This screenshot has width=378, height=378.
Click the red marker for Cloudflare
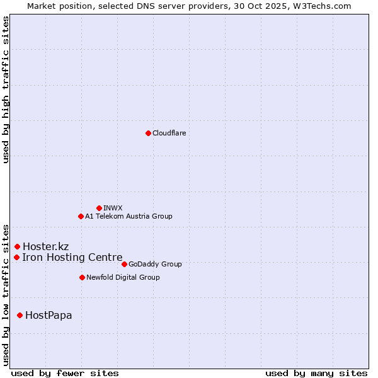coord(148,133)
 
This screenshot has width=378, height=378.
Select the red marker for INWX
coord(99,208)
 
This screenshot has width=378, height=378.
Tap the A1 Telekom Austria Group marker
coord(81,216)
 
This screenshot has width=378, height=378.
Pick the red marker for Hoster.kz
coord(17,246)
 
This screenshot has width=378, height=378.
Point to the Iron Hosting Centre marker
coord(16,257)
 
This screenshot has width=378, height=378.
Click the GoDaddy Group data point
coord(124,264)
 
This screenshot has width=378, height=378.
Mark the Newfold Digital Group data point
coord(82,277)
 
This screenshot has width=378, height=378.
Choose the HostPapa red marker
coord(20,315)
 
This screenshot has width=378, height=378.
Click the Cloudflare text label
coord(169,133)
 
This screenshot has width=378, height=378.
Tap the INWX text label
coord(113,208)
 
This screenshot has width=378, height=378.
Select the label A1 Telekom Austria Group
coord(129,216)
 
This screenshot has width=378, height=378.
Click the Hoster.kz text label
coord(45,246)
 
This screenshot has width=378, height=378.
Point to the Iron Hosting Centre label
coord(72,257)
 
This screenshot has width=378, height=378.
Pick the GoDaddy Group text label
coord(155,264)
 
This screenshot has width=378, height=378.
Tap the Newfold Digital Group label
coord(123,277)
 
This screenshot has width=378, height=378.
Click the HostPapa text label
coord(49,315)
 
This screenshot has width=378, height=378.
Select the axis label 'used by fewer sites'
coord(65,373)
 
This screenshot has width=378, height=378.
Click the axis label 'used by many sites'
coord(316,373)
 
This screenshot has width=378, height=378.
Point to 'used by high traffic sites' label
coord(6,89)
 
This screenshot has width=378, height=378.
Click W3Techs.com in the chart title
coord(320,6)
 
